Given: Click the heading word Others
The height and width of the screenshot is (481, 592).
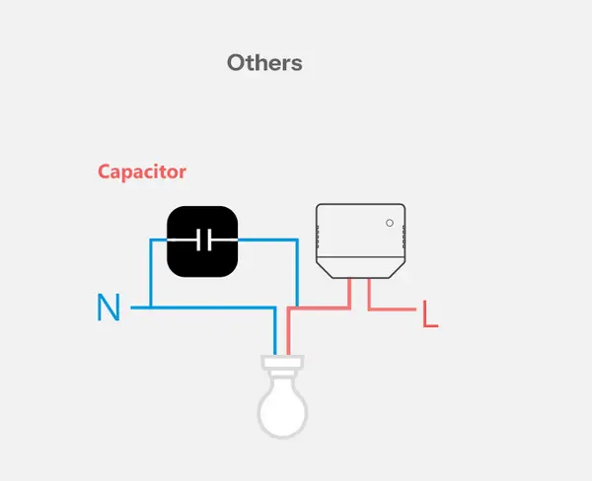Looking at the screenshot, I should tap(264, 63).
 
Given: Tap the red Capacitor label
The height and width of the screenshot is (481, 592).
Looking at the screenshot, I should tap(142, 172).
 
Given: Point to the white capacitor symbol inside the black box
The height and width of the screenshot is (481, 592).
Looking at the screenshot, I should tap(202, 240).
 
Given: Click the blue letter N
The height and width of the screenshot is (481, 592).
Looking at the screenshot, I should tap(109, 309).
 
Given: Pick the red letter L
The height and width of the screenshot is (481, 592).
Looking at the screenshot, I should tap(429, 314).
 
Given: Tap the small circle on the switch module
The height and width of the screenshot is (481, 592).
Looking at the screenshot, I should tap(390, 223).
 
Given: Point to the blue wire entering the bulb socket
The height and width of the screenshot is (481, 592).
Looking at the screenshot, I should tap(276, 335).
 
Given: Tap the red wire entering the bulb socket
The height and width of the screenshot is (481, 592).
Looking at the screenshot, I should tap(288, 335).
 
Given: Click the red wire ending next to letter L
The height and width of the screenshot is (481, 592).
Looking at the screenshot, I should tap(400, 309).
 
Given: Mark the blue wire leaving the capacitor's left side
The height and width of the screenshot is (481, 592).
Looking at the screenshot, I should tap(156, 240).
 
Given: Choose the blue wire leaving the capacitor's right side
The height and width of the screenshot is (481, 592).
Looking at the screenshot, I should tap(271, 240).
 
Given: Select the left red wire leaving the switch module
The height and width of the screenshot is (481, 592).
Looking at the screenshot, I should tap(350, 293).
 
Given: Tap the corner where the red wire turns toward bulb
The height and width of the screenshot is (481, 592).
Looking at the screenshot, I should tap(288, 309).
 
